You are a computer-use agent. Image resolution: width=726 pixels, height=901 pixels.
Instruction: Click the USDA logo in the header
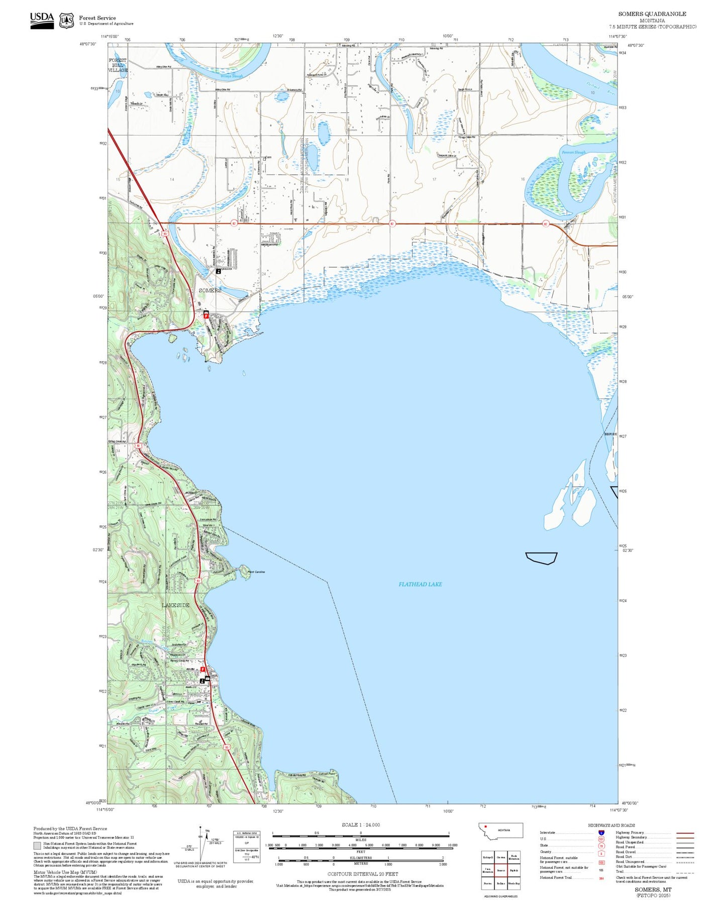click(42, 20)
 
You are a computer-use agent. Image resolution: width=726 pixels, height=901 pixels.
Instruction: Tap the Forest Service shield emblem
click(66, 21)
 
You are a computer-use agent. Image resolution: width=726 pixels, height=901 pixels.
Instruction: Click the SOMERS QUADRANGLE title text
click(652, 14)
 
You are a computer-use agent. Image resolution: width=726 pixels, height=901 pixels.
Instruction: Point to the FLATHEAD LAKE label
click(420, 584)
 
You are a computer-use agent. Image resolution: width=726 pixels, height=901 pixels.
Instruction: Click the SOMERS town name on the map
click(210, 290)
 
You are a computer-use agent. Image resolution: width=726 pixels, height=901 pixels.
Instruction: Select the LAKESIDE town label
click(176, 605)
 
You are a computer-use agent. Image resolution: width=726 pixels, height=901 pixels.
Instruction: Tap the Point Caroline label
click(256, 572)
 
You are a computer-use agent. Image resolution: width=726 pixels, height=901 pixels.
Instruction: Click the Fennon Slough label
click(573, 152)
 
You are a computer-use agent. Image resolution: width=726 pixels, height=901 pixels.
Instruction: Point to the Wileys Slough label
click(231, 76)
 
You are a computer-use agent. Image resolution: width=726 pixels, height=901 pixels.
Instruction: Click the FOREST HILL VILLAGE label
click(118, 65)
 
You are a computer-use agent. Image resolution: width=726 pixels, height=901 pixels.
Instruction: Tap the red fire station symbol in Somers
click(206, 315)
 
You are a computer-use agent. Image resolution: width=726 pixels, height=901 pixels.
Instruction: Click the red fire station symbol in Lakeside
click(202, 669)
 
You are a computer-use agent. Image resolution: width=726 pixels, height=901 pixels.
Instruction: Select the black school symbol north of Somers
click(218, 271)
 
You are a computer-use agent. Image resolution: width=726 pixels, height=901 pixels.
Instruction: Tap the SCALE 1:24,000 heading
click(361, 825)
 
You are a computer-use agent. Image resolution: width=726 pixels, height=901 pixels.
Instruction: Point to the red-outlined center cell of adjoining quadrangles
click(500, 870)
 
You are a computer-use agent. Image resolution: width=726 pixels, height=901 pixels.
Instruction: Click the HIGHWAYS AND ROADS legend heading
click(611, 825)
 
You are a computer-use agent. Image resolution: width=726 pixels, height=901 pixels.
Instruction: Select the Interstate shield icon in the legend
click(601, 833)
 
